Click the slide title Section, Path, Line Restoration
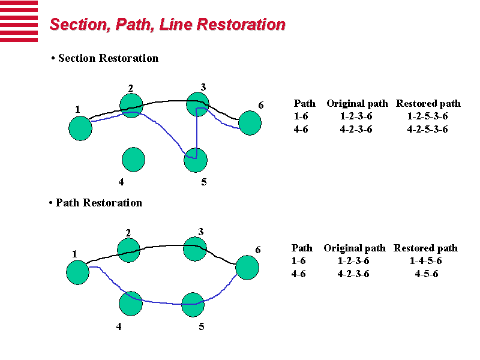(167, 25)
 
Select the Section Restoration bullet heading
(105, 58)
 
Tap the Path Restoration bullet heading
(95, 203)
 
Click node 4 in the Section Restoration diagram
(133, 159)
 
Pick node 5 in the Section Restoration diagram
(196, 160)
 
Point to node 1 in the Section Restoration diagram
(80, 128)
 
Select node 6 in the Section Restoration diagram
(250, 123)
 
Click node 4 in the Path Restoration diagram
(130, 304)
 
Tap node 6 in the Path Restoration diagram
(247, 268)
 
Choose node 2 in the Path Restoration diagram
(128, 250)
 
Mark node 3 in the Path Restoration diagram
(194, 249)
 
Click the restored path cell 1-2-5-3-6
(427, 116)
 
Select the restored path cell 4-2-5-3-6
(427, 129)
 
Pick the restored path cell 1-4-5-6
(426, 261)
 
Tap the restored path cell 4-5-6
(426, 274)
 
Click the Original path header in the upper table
(357, 104)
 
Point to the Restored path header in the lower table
(425, 248)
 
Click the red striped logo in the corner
(19, 21)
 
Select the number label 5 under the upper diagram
(204, 182)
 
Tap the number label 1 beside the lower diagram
(74, 254)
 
